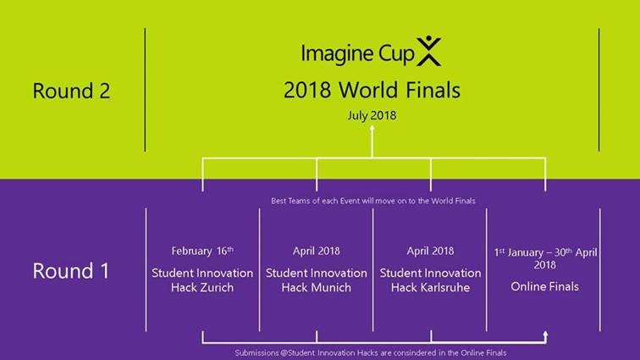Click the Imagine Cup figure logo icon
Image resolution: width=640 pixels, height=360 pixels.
pos(428,51)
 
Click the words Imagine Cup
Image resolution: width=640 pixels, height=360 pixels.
pos(357,54)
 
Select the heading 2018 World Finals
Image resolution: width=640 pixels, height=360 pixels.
pos(372,90)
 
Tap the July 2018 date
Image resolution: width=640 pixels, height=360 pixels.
pos(372,116)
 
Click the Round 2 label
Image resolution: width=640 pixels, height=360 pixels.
pos(71,91)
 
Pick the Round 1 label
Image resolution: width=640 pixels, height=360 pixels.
pos(71,271)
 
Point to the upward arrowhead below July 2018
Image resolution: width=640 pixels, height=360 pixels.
pos(372,128)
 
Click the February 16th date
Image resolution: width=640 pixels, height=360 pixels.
pos(202,251)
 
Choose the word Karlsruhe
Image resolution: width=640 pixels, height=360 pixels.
pos(445,287)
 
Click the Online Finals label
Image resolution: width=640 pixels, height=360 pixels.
pos(544,286)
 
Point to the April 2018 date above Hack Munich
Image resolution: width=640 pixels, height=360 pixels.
pos(317,251)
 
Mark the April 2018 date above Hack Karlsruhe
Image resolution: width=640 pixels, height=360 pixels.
pos(430,251)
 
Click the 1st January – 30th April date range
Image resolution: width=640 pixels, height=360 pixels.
pos(545,258)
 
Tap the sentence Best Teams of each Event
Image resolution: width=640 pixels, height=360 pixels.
pos(373,201)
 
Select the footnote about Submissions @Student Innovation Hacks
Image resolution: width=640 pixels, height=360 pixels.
pos(371,352)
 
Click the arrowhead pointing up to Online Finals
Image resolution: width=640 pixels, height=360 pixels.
pos(545,335)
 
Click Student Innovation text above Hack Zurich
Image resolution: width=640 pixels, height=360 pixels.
pos(202,273)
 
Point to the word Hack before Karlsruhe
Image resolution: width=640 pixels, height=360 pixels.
pos(405,287)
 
